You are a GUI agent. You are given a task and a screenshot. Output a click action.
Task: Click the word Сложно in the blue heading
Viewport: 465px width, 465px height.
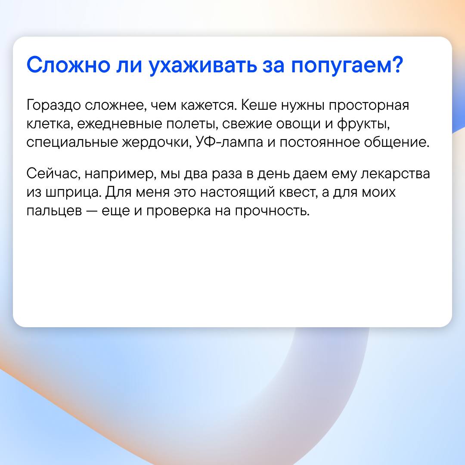point(68,65)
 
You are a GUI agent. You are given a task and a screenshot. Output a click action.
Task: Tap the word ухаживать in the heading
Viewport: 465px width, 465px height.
point(202,66)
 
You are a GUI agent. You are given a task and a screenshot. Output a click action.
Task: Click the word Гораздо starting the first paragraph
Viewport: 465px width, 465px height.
point(53,105)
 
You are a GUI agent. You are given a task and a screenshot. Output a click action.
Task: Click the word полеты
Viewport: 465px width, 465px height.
point(190,124)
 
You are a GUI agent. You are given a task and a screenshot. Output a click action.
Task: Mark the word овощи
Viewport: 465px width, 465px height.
point(298,124)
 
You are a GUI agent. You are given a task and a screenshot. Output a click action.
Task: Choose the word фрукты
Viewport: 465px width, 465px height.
point(363,124)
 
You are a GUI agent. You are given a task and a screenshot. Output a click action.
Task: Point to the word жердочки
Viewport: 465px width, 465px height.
point(156,143)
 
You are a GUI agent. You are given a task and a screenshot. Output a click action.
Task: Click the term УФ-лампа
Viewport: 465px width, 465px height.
point(229,142)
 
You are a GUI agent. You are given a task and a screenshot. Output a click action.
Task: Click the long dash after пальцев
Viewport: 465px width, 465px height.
point(92,211)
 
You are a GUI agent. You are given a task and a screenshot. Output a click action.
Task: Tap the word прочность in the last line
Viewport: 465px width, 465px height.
point(272,211)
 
